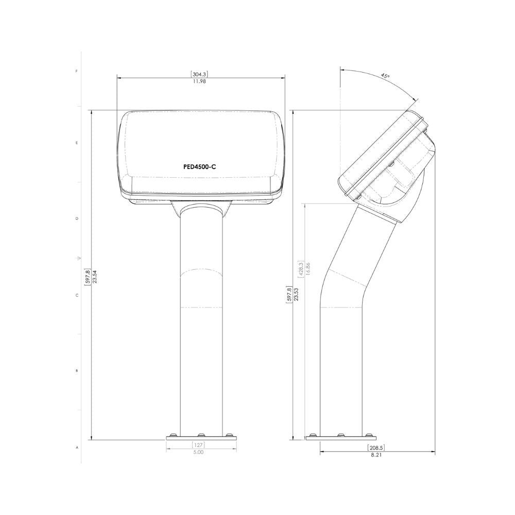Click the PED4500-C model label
(199, 167)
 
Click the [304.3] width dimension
(199, 74)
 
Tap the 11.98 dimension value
(199, 81)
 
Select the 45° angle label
(385, 76)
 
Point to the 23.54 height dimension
(95, 277)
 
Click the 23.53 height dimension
(297, 294)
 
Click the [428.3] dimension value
(300, 270)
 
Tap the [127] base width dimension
(198, 445)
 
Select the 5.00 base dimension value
(198, 452)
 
